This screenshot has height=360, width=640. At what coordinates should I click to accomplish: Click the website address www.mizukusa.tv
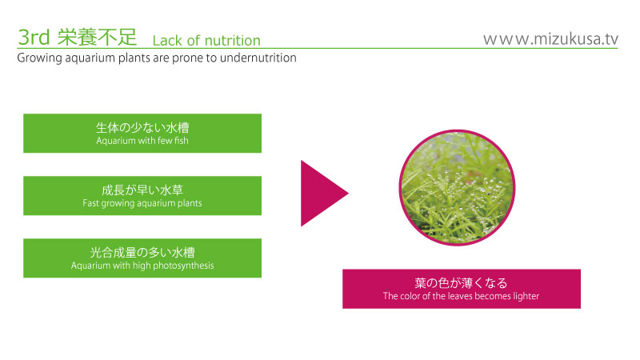point(550,39)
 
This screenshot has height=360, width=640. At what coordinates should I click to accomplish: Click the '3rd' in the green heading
point(34,37)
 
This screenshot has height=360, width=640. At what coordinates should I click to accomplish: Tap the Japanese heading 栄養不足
point(97,37)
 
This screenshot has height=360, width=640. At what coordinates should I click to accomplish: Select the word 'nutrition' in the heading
point(232,41)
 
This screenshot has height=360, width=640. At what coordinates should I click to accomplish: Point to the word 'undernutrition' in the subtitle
point(258,58)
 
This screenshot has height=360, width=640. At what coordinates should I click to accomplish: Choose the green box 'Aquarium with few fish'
point(142,134)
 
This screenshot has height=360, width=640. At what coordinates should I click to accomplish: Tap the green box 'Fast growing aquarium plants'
point(142,196)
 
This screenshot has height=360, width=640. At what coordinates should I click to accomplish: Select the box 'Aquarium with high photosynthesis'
point(142,258)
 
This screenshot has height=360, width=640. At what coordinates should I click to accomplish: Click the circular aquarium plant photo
point(457,188)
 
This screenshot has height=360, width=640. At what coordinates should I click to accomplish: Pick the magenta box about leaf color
point(462,289)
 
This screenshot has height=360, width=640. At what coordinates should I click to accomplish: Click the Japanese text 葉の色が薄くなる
point(462,283)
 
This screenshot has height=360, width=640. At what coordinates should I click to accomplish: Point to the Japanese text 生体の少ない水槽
point(142,128)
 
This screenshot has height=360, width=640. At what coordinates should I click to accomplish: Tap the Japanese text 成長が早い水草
point(142,190)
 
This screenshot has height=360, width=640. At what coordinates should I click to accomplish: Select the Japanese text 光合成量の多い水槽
point(142,253)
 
